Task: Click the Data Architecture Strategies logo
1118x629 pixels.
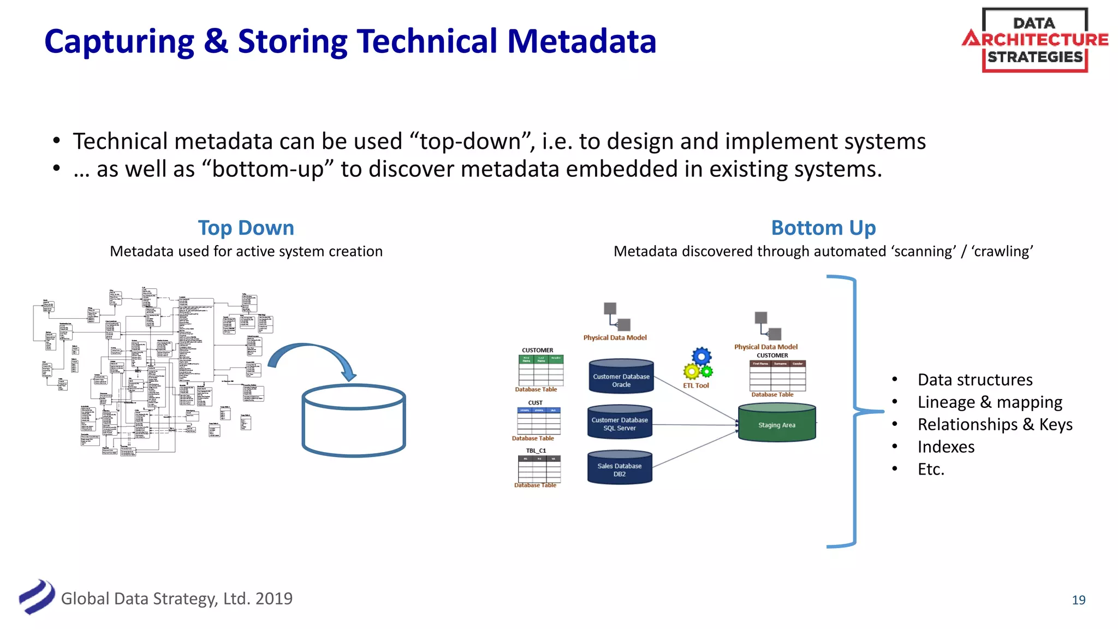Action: (1034, 40)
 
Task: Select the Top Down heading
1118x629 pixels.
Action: (246, 228)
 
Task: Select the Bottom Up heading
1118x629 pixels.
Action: (823, 228)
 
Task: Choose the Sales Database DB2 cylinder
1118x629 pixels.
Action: (620, 468)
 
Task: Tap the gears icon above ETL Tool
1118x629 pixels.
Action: (698, 364)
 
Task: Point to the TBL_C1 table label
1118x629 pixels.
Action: (536, 450)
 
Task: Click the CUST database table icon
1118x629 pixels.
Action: (538, 420)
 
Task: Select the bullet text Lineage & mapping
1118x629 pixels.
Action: (990, 402)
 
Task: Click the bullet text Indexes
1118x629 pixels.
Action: (945, 447)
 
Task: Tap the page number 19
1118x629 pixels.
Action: (1078, 600)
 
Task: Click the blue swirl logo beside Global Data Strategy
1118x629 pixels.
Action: (37, 597)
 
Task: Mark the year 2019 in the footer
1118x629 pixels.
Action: (273, 599)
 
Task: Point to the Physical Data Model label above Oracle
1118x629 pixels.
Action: (615, 337)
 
